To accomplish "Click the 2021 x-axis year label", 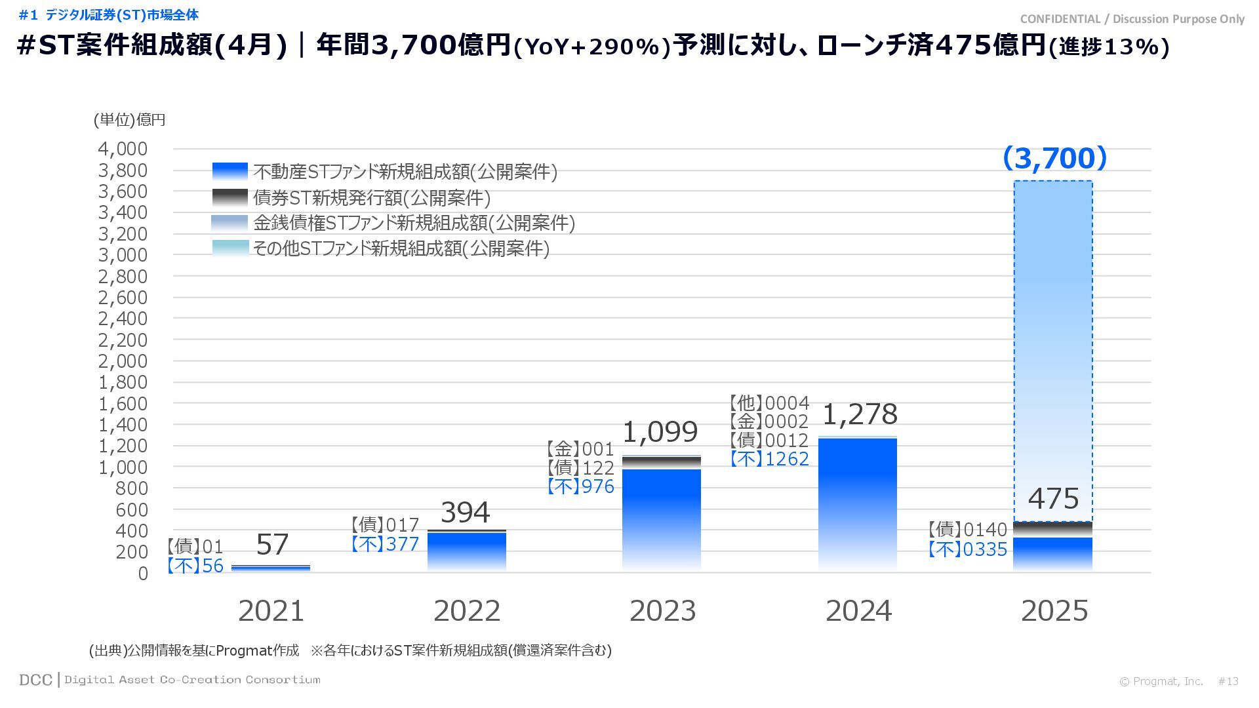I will click(x=271, y=611).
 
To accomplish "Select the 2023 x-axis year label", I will click(x=662, y=611).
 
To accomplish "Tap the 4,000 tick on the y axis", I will click(x=123, y=149).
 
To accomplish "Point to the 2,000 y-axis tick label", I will click(x=123, y=361).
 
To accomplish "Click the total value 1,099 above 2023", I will click(x=660, y=432).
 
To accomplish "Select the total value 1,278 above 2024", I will click(x=859, y=414).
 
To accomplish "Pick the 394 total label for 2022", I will click(x=465, y=513).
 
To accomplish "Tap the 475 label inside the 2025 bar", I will click(x=1053, y=499).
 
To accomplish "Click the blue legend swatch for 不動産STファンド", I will click(x=230, y=171).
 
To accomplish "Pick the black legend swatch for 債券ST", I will click(x=230, y=197).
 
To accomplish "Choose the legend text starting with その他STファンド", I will click(x=401, y=248).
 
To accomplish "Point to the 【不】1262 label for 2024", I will click(x=770, y=459).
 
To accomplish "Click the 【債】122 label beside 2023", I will click(x=580, y=468).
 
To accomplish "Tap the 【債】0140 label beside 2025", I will click(x=967, y=530).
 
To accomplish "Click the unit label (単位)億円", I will click(x=129, y=120).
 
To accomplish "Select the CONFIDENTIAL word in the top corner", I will click(x=1060, y=19).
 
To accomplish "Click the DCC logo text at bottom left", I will click(x=35, y=680).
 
